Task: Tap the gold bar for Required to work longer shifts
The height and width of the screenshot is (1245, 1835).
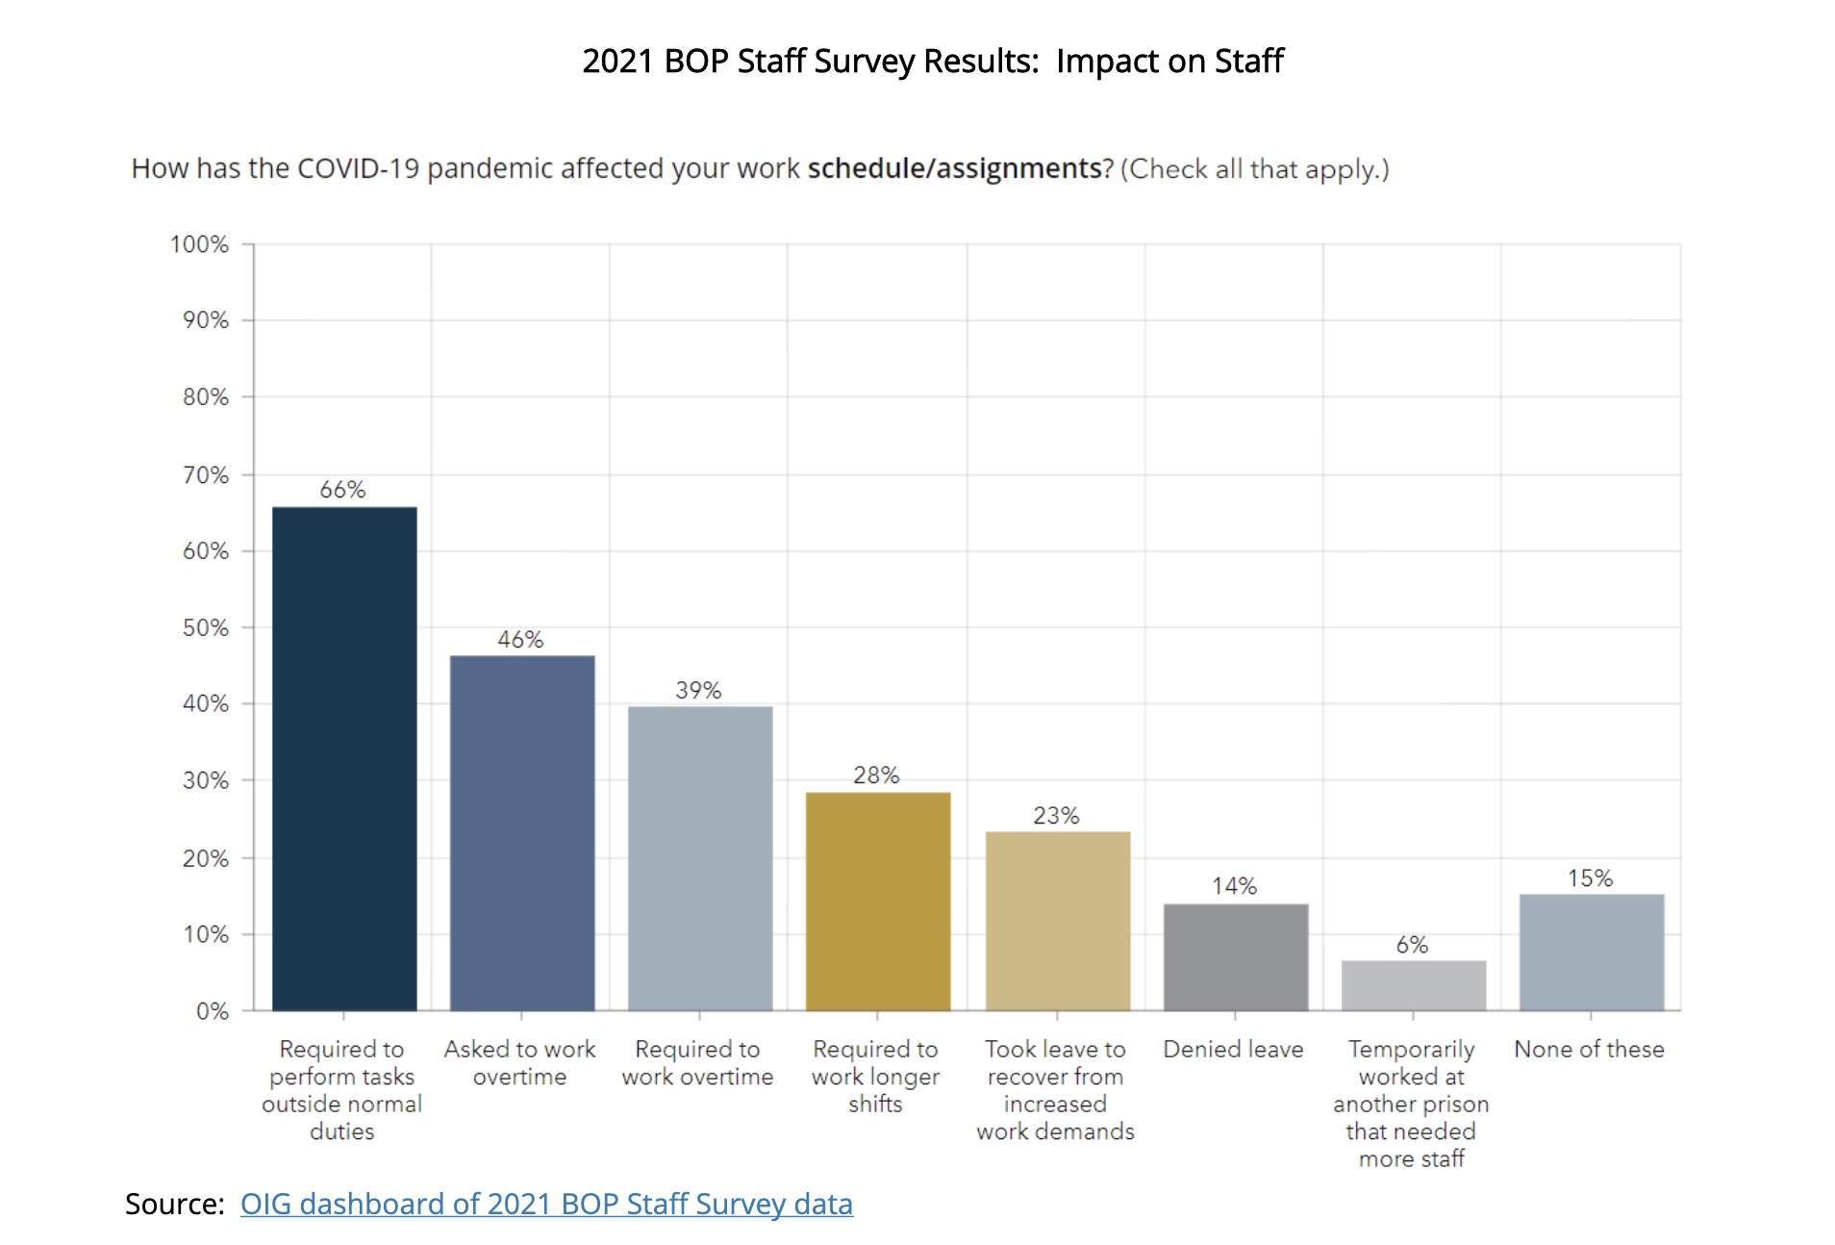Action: tap(878, 901)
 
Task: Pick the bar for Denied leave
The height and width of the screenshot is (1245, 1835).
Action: tap(1236, 956)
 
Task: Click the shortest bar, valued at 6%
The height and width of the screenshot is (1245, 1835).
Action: tap(1414, 985)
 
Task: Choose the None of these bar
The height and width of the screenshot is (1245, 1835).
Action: tap(1592, 952)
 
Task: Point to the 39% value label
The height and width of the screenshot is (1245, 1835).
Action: tap(698, 690)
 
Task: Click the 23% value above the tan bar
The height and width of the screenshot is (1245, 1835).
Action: tap(1056, 816)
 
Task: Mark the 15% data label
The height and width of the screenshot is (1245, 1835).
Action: tap(1590, 878)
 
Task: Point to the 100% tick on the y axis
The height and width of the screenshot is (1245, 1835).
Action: tap(200, 244)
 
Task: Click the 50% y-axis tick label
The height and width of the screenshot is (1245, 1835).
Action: tap(206, 627)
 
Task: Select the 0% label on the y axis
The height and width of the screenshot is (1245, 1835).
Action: tap(213, 1011)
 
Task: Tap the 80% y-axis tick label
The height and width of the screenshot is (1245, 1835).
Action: tap(206, 397)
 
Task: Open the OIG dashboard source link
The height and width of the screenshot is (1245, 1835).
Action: tap(546, 1204)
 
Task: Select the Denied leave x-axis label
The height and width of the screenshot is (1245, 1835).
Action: tap(1233, 1049)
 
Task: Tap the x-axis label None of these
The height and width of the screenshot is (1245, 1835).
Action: tap(1589, 1049)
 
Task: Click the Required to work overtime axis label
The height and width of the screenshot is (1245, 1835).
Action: tap(697, 1062)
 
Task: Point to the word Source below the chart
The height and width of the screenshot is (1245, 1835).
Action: tap(173, 1204)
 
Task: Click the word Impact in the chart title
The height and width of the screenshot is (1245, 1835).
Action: tap(1107, 61)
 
